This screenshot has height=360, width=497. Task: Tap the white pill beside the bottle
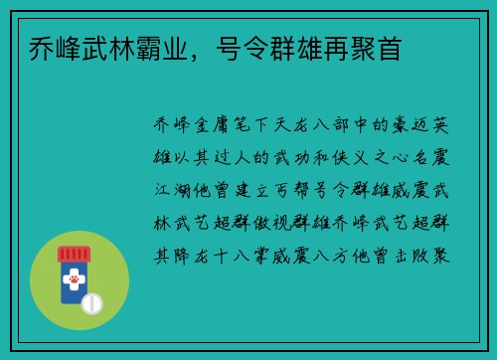point(92,300)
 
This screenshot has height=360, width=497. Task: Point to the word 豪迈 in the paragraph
point(409,125)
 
